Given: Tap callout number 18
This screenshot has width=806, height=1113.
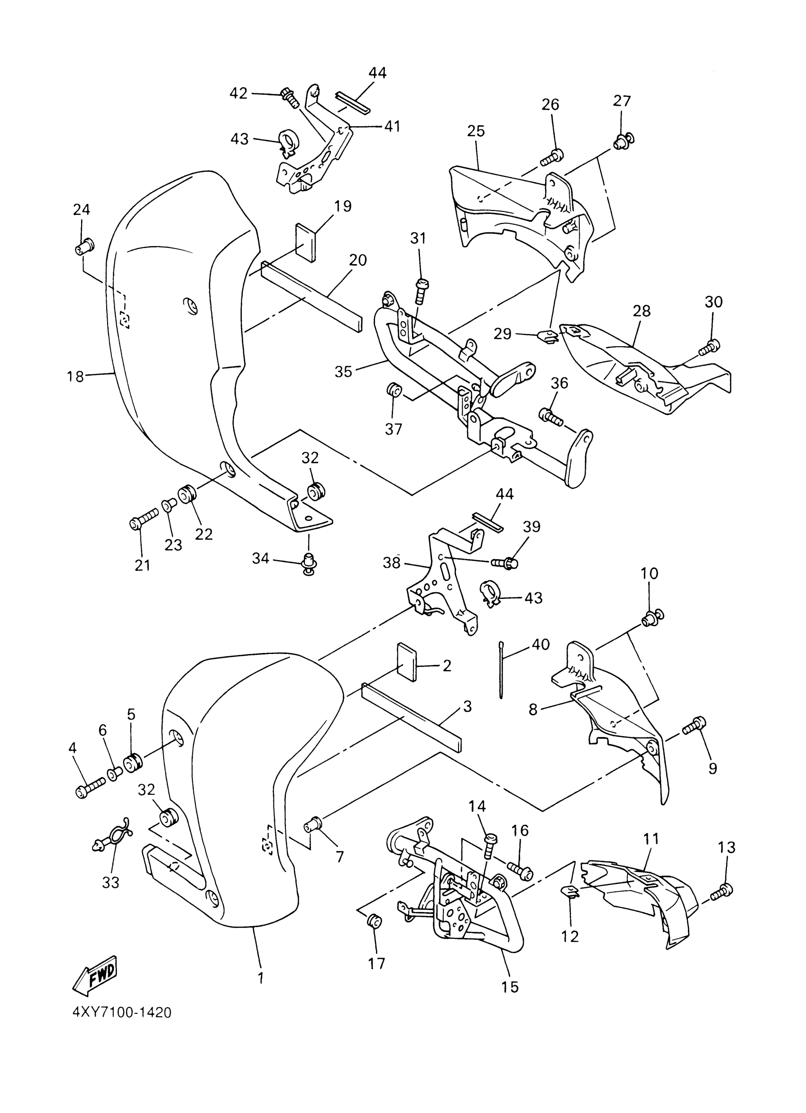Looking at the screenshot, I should [75, 377].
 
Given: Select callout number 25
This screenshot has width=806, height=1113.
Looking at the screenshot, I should [476, 131].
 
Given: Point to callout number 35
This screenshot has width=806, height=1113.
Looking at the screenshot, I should [343, 372].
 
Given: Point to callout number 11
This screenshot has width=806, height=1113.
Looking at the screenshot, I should [651, 839].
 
